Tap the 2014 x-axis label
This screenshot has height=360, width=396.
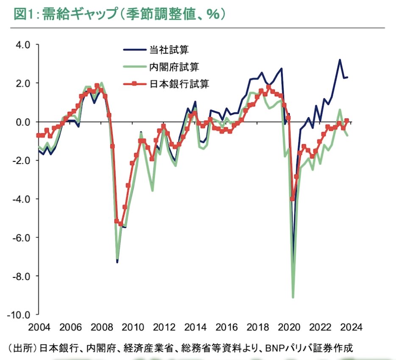pos(196,327)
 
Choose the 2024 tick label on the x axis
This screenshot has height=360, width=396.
pos(351,327)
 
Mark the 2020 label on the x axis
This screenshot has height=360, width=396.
pos(290,327)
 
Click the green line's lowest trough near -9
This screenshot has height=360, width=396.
pos(293,297)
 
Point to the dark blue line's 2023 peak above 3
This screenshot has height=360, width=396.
pos(340,60)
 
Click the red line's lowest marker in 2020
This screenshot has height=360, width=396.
pos(292,199)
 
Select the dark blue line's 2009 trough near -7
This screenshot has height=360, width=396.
pos(117,262)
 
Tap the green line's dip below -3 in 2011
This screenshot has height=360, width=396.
pos(152,191)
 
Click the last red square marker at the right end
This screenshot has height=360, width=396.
pos(346,121)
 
